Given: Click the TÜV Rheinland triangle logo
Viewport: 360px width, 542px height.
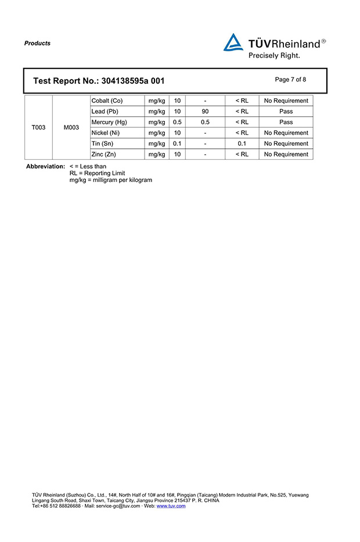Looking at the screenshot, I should tap(233, 42).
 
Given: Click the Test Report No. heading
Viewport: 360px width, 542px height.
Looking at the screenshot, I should tap(102, 81).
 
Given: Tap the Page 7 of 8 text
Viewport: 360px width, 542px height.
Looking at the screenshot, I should tap(290, 80).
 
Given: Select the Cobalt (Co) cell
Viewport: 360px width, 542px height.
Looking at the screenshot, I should tap(107, 100).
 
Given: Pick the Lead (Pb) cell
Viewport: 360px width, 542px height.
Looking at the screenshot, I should tap(105, 112).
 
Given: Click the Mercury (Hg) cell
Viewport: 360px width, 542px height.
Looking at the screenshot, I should tap(109, 122).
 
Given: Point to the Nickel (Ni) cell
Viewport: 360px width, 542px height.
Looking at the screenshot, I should tap(106, 133).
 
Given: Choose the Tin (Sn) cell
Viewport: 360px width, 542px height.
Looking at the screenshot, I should tap(102, 143).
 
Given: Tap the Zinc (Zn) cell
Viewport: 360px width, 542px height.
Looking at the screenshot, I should tap(103, 155).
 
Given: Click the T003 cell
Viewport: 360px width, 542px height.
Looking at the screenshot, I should tap(38, 127).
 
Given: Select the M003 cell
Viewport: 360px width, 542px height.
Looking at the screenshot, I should tap(71, 127).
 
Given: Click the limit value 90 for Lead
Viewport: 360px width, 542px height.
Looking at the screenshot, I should tap(205, 112).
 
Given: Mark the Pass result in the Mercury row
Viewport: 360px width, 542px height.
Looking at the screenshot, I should tap(286, 122).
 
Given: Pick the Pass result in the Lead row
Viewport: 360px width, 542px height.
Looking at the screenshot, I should tap(286, 112).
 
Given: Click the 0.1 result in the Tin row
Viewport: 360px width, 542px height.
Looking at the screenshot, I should tap(242, 143).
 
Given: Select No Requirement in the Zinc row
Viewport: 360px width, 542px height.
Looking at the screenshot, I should tap(286, 155).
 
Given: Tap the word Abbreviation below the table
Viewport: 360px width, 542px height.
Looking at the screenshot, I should tap(45, 167).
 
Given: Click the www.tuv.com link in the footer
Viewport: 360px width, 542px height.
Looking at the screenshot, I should tap(171, 506).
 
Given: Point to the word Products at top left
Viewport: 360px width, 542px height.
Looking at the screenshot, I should tap(37, 44).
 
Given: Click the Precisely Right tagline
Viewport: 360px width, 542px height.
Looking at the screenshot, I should tap(274, 56).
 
